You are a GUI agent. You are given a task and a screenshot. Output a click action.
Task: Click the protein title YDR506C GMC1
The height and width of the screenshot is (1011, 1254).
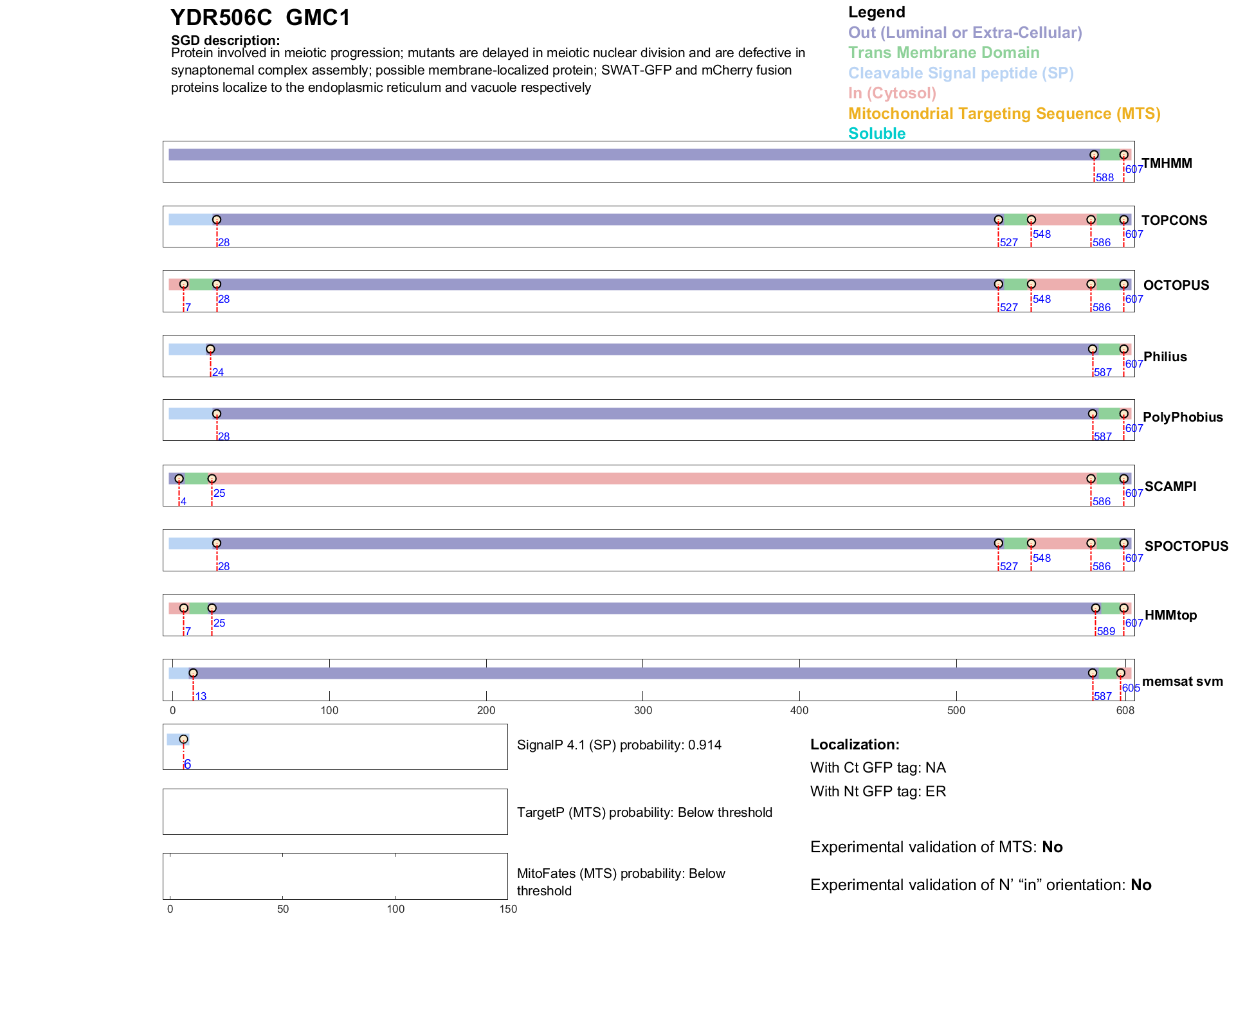click(260, 17)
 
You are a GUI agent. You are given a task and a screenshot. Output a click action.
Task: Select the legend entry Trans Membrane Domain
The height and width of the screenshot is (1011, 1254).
click(943, 53)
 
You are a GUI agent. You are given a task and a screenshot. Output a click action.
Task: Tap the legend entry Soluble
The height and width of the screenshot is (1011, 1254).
click(877, 134)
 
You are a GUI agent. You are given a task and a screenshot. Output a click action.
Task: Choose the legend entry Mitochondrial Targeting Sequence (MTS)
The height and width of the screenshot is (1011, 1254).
click(1004, 114)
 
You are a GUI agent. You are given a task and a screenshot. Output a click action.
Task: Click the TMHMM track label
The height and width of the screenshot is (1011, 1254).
click(1167, 163)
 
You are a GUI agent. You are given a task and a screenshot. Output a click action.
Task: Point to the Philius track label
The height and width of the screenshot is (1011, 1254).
click(1165, 357)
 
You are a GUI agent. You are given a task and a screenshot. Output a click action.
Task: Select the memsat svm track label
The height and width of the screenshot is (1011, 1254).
click(1182, 681)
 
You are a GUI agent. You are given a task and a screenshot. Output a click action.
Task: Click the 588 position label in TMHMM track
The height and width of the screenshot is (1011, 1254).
click(1104, 178)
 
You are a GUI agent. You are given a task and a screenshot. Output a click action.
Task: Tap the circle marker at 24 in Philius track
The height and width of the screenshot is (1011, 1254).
click(210, 350)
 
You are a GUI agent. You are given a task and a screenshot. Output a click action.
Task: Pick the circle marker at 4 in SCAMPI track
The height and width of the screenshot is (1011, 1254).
click(179, 479)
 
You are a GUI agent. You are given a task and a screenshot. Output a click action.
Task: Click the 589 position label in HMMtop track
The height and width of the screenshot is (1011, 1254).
click(1105, 632)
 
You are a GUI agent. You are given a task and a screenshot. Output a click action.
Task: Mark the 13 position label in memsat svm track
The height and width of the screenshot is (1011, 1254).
click(201, 697)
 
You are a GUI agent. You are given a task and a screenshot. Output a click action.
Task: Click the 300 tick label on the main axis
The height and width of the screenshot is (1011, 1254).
click(642, 710)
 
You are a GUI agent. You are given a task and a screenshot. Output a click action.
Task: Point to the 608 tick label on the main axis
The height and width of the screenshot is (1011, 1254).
click(1125, 710)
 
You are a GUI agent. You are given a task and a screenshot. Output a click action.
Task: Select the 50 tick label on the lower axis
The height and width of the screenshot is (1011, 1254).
click(282, 909)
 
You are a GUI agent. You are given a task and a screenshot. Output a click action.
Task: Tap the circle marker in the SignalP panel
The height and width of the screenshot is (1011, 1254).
click(183, 739)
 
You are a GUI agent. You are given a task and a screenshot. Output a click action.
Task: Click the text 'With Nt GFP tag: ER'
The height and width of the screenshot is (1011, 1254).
click(878, 791)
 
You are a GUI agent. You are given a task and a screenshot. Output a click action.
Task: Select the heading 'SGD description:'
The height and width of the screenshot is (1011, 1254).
click(225, 40)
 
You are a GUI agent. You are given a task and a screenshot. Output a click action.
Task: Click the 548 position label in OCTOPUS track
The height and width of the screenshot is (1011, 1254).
click(1041, 300)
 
